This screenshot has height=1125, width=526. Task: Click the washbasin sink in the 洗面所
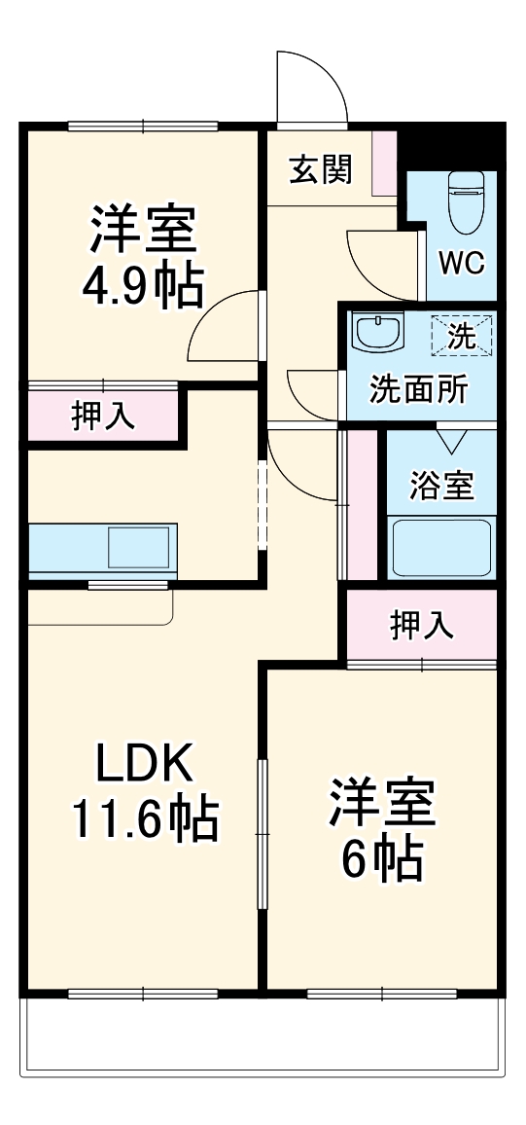pyautogui.click(x=379, y=333)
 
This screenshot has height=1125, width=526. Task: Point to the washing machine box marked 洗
pyautogui.click(x=462, y=337)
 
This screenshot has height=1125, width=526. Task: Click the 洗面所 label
pyautogui.click(x=418, y=389)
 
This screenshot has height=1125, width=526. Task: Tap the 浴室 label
pyautogui.click(x=441, y=486)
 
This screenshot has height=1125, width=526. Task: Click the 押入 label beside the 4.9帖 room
pyautogui.click(x=103, y=416)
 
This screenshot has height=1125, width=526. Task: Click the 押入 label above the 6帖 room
pyautogui.click(x=422, y=626)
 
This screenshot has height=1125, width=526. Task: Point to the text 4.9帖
pyautogui.click(x=144, y=287)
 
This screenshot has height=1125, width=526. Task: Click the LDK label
pyautogui.click(x=146, y=766)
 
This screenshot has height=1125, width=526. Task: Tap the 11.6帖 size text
pyautogui.click(x=144, y=819)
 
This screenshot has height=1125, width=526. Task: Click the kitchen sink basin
pyautogui.click(x=138, y=546)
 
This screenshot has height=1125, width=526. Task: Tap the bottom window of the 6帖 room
pyautogui.click(x=382, y=994)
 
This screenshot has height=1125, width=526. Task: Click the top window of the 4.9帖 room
pyautogui.click(x=143, y=125)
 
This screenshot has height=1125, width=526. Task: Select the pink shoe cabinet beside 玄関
pyautogui.click(x=385, y=161)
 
